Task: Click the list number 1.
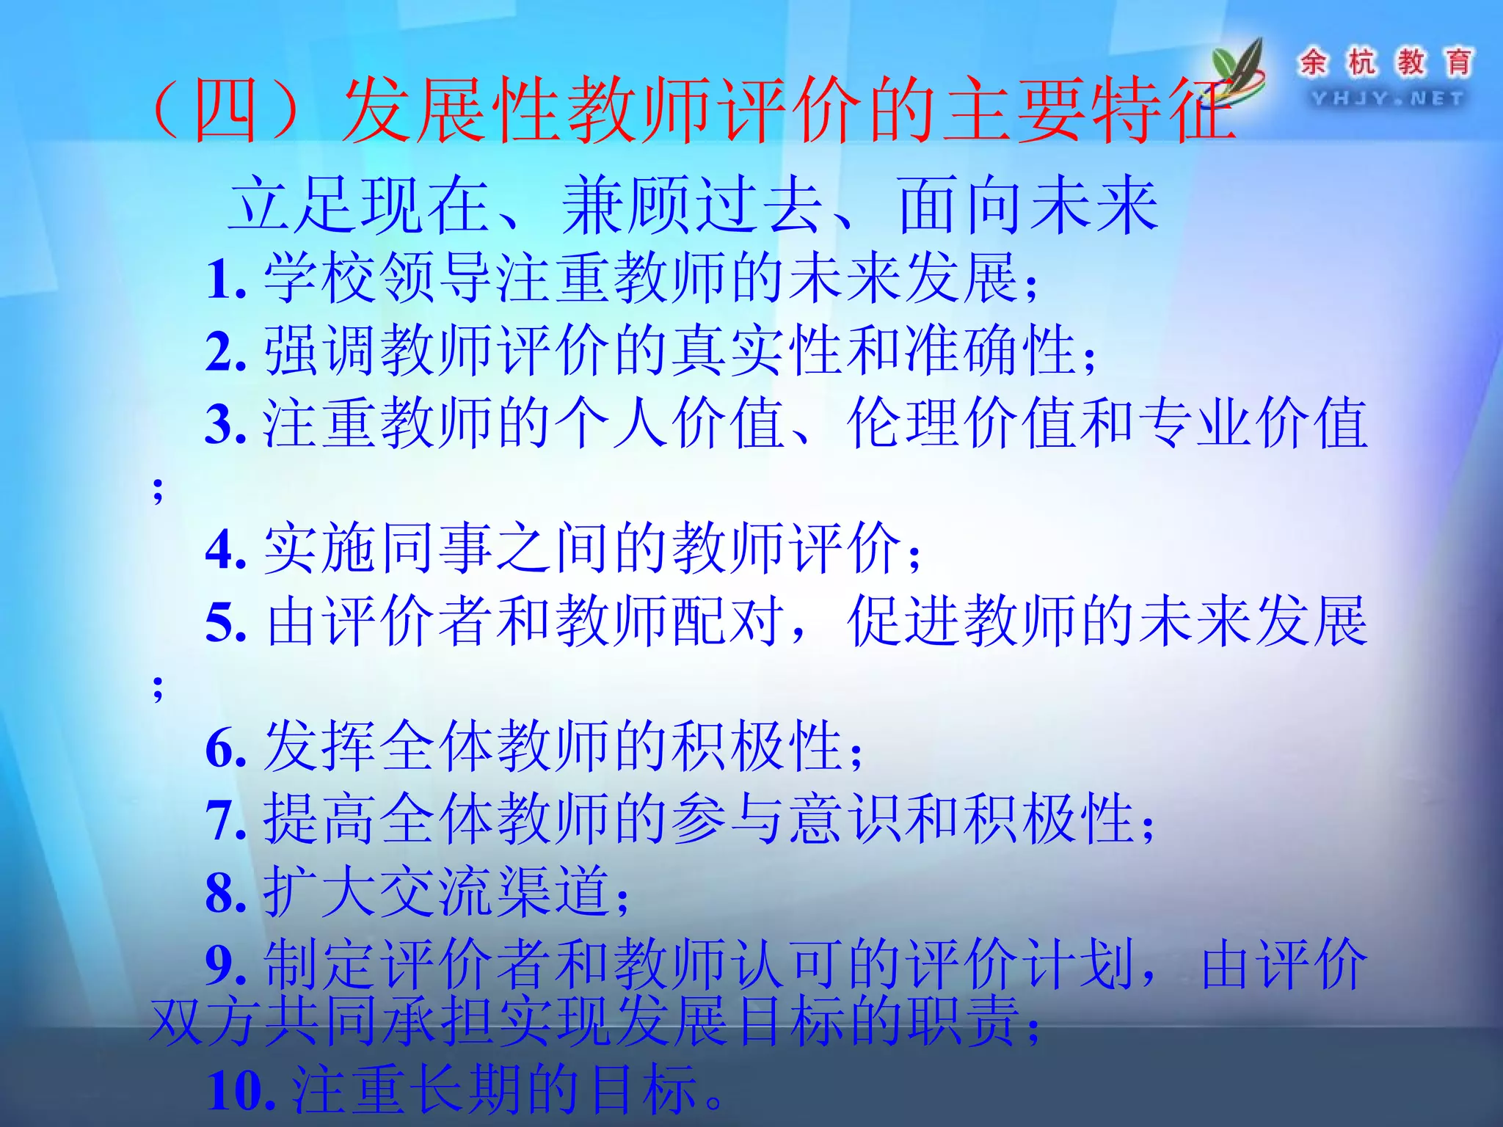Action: [x=225, y=280]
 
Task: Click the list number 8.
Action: [x=225, y=893]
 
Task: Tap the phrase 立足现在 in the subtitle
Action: [x=360, y=205]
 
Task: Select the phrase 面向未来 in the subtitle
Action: [x=1027, y=205]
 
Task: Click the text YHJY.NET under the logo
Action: [x=1387, y=98]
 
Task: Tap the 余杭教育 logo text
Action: [x=1386, y=62]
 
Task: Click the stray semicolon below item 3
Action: [x=158, y=490]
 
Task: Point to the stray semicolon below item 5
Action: [x=158, y=688]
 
